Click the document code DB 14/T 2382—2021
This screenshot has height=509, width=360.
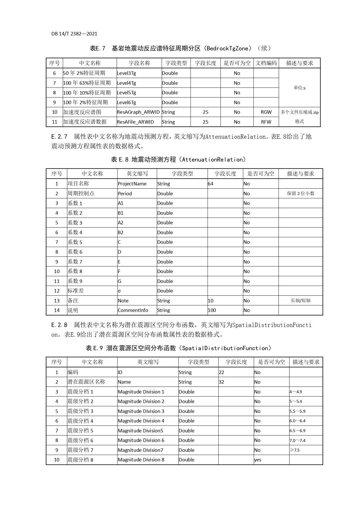click(74, 34)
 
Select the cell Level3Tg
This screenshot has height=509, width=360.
click(126, 73)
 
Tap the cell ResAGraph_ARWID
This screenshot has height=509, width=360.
click(138, 112)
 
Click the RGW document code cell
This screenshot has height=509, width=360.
click(266, 112)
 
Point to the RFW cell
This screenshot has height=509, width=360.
click(266, 122)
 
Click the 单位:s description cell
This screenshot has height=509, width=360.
click(299, 88)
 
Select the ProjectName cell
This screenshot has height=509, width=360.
click(132, 184)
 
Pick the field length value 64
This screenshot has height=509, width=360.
click(211, 184)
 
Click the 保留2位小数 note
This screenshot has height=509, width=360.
click(301, 194)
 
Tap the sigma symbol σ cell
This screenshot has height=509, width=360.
click(120, 291)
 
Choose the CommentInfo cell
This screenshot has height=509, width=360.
click(133, 310)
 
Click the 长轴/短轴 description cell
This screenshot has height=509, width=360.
click(301, 301)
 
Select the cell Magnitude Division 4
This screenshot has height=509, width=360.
click(141, 421)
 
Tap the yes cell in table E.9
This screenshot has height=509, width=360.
click(258, 460)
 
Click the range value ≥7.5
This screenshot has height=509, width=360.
click(295, 450)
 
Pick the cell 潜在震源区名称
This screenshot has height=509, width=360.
click(86, 382)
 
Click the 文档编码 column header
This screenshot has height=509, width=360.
click(266, 63)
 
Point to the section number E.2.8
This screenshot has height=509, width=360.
click(59, 325)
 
